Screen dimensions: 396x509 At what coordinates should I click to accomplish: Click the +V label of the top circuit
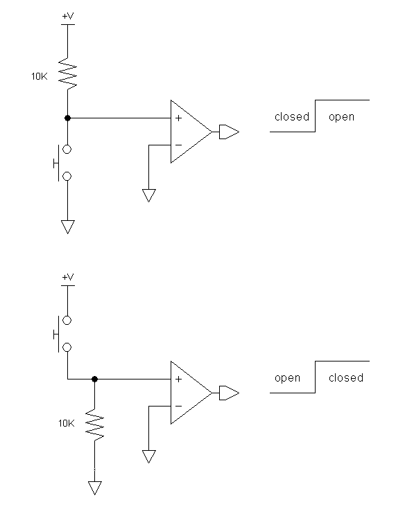68,16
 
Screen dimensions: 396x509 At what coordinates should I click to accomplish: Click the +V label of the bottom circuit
68,277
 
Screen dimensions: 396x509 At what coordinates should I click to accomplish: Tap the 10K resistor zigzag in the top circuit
68,73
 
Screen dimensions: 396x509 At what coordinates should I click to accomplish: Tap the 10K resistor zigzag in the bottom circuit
94,425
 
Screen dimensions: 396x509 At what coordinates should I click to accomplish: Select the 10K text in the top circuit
40,76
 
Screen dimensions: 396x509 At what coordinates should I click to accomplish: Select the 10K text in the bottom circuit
67,423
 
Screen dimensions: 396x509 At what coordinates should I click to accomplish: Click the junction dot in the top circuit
68,118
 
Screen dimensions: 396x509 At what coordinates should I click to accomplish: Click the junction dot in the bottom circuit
94,379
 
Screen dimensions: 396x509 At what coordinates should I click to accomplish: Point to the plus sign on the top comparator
178,118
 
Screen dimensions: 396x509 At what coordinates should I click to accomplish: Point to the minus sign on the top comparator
178,145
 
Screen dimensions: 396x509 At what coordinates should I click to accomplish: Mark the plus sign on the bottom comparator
178,379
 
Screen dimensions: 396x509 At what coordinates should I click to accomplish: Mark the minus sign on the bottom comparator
178,406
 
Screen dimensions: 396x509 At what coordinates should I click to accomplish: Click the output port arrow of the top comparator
230,132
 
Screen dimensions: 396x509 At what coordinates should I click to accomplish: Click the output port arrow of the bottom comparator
230,393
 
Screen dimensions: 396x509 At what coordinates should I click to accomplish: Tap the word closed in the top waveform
292,116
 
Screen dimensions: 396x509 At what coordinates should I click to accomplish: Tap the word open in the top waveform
341,117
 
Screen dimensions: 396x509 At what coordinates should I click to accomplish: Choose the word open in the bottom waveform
287,378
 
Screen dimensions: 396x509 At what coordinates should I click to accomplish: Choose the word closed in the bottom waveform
346,377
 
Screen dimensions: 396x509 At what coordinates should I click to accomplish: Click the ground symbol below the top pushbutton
68,226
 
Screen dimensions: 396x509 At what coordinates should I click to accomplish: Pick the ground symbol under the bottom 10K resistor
94,488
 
